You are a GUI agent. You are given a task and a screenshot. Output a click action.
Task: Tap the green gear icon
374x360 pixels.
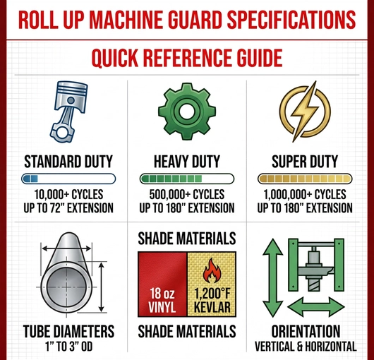pos(187,113)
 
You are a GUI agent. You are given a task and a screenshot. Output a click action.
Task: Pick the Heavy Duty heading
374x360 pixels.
pos(186,160)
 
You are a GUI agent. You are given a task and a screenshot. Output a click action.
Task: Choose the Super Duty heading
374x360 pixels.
pos(306,160)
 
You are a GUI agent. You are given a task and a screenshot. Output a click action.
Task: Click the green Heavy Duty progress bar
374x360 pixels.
pos(186,179)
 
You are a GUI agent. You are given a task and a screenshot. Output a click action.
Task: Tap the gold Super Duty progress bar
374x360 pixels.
pos(306,179)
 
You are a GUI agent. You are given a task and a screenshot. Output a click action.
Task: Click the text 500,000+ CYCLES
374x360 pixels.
pos(186,194)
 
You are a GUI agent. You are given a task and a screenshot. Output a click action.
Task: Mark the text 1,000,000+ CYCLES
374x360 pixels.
pos(306,194)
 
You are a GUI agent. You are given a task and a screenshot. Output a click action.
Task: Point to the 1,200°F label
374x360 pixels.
pos(211,294)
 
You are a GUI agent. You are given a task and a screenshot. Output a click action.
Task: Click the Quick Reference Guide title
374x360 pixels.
pos(186,56)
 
